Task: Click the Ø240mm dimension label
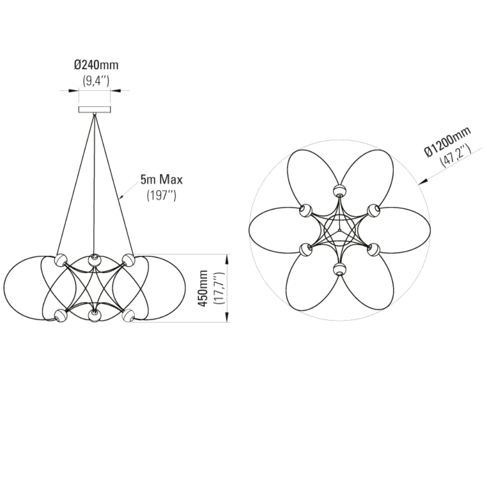[96, 65]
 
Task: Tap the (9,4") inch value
[96, 81]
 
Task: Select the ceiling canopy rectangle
[94, 109]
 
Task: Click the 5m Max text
[162, 180]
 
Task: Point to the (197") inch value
[162, 195]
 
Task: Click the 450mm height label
[204, 288]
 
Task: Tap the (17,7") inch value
[219, 288]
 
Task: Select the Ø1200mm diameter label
[448, 142]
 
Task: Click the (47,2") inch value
[455, 156]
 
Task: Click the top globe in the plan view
[339, 190]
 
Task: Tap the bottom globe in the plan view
[339, 269]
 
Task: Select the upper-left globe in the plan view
[306, 210]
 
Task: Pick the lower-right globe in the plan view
[374, 249]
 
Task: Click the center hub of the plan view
[340, 230]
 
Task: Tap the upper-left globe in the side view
[61, 260]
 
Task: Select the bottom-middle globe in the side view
[94, 316]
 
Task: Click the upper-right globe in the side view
[128, 260]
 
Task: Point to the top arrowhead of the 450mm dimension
[227, 259]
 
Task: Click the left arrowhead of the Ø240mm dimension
[74, 91]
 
